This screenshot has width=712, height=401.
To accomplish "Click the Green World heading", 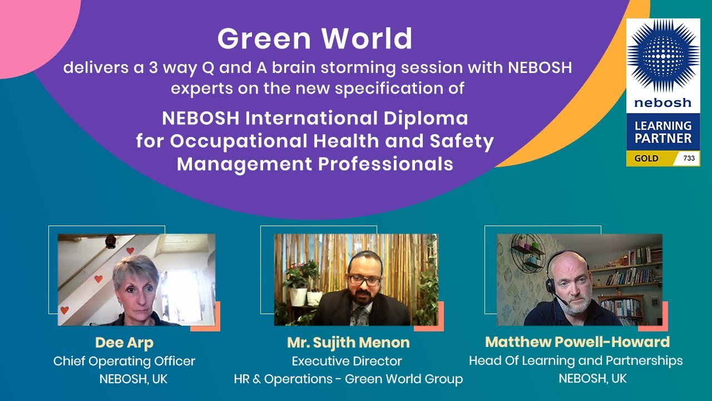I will [315, 39].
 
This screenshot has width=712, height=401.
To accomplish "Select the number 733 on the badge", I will [689, 158].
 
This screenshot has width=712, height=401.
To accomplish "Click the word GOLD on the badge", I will [646, 158].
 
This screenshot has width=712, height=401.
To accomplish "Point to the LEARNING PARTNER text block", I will [663, 131].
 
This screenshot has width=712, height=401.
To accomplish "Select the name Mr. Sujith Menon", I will [348, 342].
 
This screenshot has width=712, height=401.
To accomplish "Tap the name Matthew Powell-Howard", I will [577, 341].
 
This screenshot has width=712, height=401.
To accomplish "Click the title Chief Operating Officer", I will [124, 361].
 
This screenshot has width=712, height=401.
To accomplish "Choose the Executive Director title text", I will [347, 361].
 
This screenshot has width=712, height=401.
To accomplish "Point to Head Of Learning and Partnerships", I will [576, 360].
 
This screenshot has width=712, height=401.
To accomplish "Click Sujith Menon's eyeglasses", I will [364, 280].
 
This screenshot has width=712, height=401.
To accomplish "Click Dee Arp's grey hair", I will [136, 268].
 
